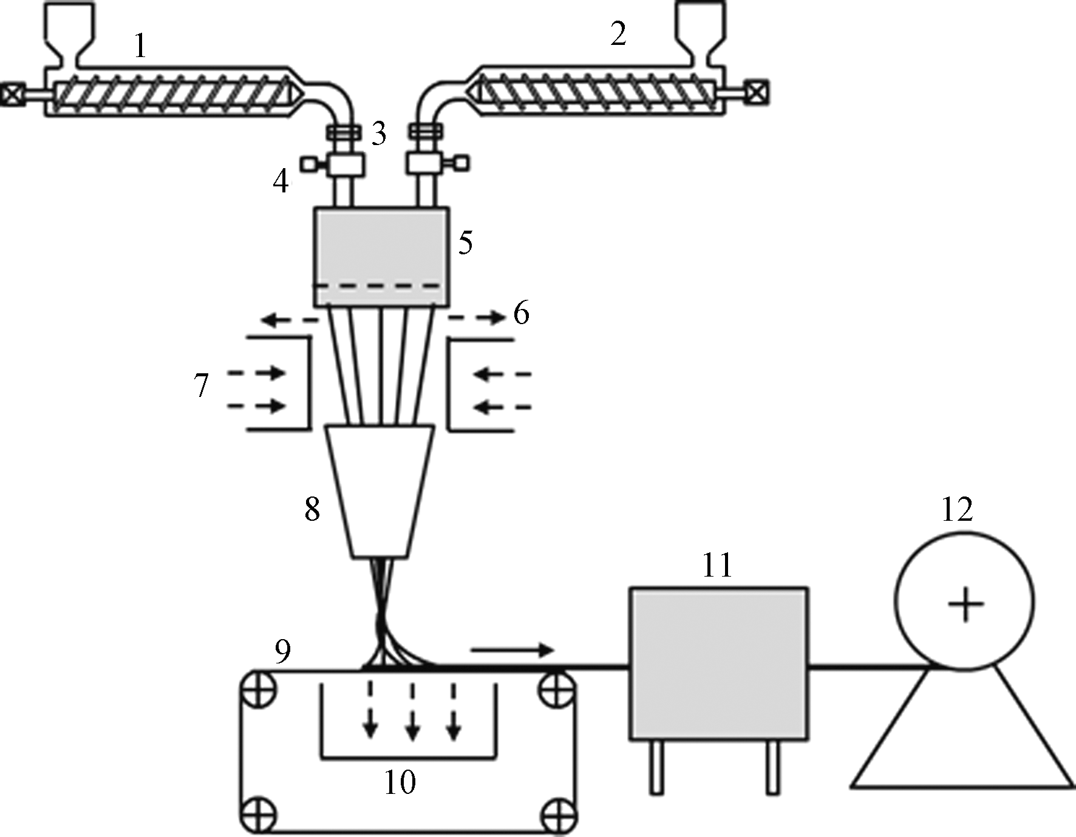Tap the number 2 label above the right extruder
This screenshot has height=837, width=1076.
(618, 35)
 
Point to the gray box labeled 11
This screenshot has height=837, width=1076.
(718, 663)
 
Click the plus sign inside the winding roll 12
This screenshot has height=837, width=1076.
(965, 606)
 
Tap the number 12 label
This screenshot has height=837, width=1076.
(957, 510)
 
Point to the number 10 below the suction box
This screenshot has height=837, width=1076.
(400, 783)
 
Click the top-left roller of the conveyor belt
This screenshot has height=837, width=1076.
(257, 688)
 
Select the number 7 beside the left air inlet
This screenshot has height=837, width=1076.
(202, 385)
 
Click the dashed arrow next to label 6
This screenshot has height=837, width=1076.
(477, 317)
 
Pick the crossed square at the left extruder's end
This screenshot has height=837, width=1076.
(12, 95)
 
